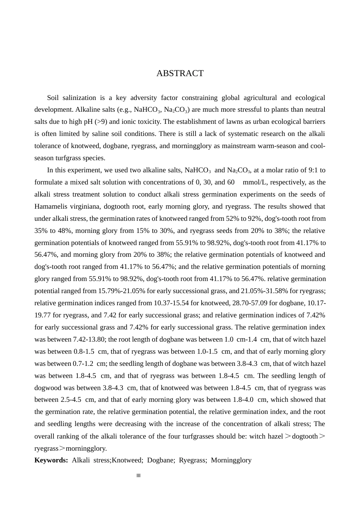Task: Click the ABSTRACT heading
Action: [180, 73]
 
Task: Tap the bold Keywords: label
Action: [51, 460]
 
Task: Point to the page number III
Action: [138, 476]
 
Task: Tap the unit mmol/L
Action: [255, 182]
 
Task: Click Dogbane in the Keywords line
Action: [159, 460]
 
